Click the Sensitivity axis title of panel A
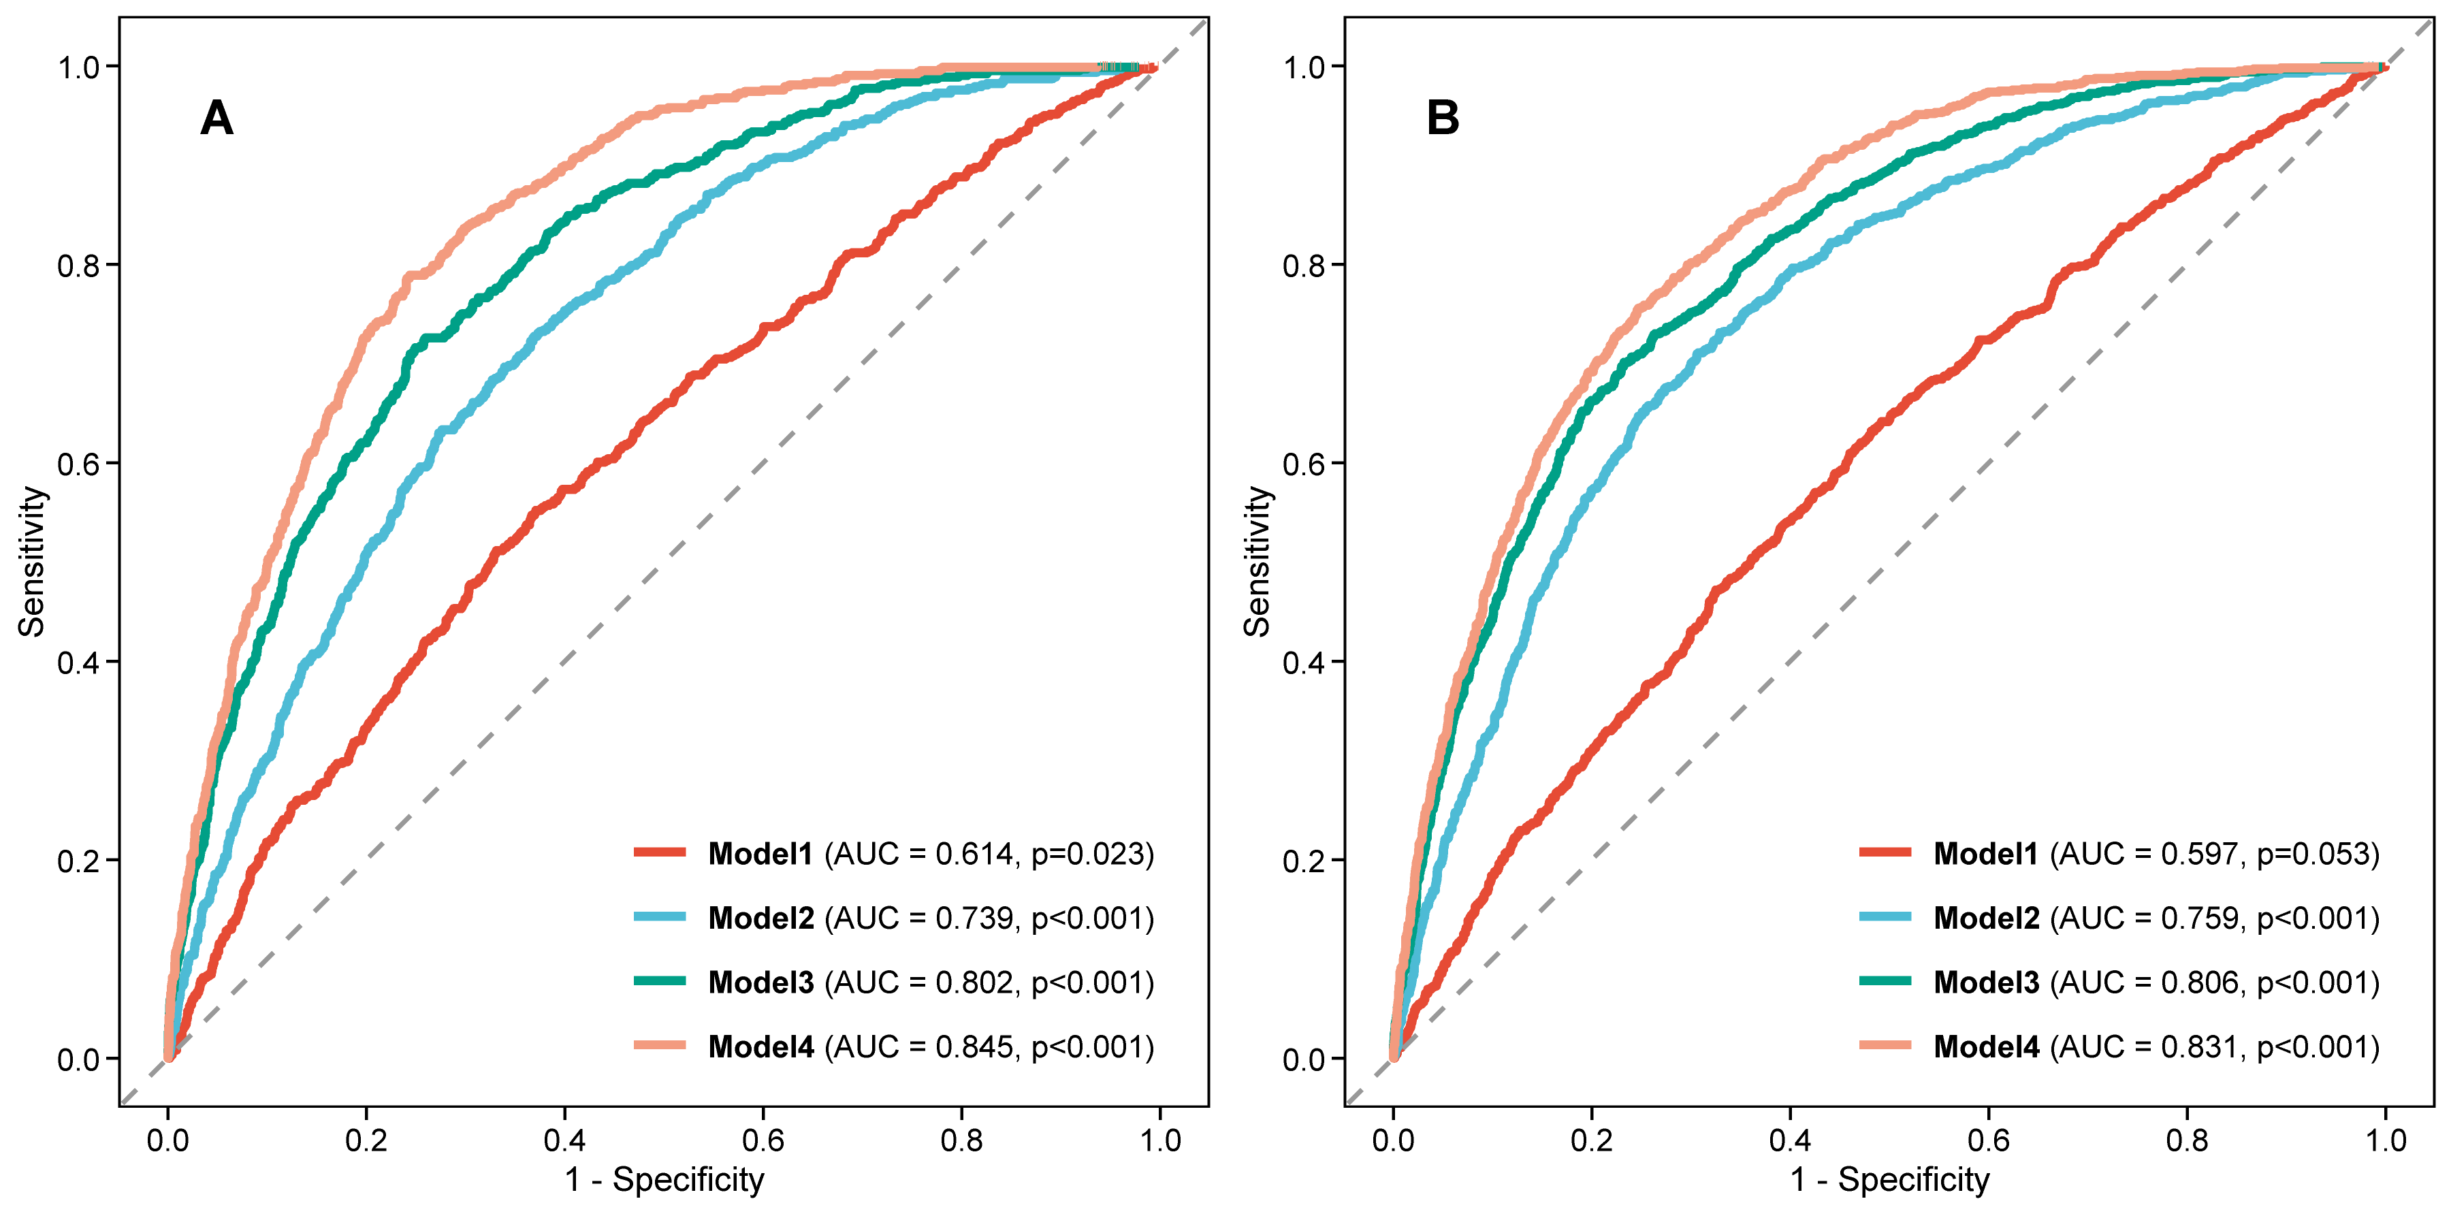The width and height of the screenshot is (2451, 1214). tap(31, 561)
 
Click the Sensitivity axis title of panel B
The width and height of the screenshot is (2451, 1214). tap(1257, 561)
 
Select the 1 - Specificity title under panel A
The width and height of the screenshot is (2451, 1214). tap(664, 1180)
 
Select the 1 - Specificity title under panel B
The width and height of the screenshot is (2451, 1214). tap(1889, 1180)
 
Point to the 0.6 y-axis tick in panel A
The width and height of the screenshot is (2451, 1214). tap(78, 464)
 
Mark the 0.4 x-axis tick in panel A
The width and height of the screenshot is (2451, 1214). tap(564, 1140)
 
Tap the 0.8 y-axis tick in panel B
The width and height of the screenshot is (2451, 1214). tap(1304, 266)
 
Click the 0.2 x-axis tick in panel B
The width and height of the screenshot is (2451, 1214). tap(1592, 1140)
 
